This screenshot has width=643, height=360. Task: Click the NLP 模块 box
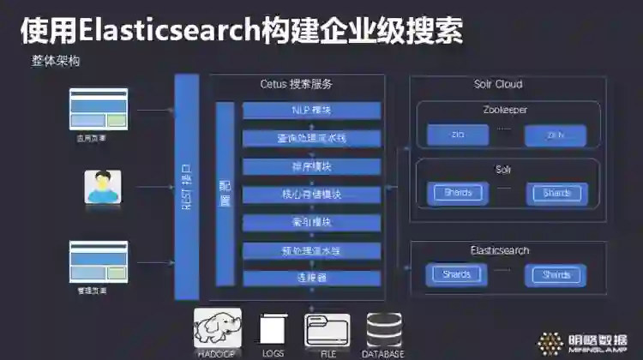coord(311,111)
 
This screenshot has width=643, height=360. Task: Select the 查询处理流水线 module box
coord(311,138)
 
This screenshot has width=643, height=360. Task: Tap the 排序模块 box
coord(311,165)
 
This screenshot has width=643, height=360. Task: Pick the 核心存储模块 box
coord(311,194)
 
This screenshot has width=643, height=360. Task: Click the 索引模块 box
coord(311,222)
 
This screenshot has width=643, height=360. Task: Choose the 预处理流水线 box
coord(311,250)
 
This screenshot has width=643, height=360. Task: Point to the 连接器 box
coord(311,278)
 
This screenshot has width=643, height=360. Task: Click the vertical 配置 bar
coord(225,195)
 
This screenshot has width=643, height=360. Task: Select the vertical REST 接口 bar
coord(186,187)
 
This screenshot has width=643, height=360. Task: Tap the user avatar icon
coord(103,187)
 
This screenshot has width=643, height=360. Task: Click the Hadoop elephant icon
coord(217,328)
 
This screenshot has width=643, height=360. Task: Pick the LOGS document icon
coord(272,329)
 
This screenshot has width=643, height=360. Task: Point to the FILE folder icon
coord(328,329)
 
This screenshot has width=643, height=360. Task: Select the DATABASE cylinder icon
coord(384,329)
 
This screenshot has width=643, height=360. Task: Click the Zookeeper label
coord(504,110)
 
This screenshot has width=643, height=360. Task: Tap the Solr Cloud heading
coord(497,84)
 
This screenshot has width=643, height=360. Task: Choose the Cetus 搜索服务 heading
coord(297,84)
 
